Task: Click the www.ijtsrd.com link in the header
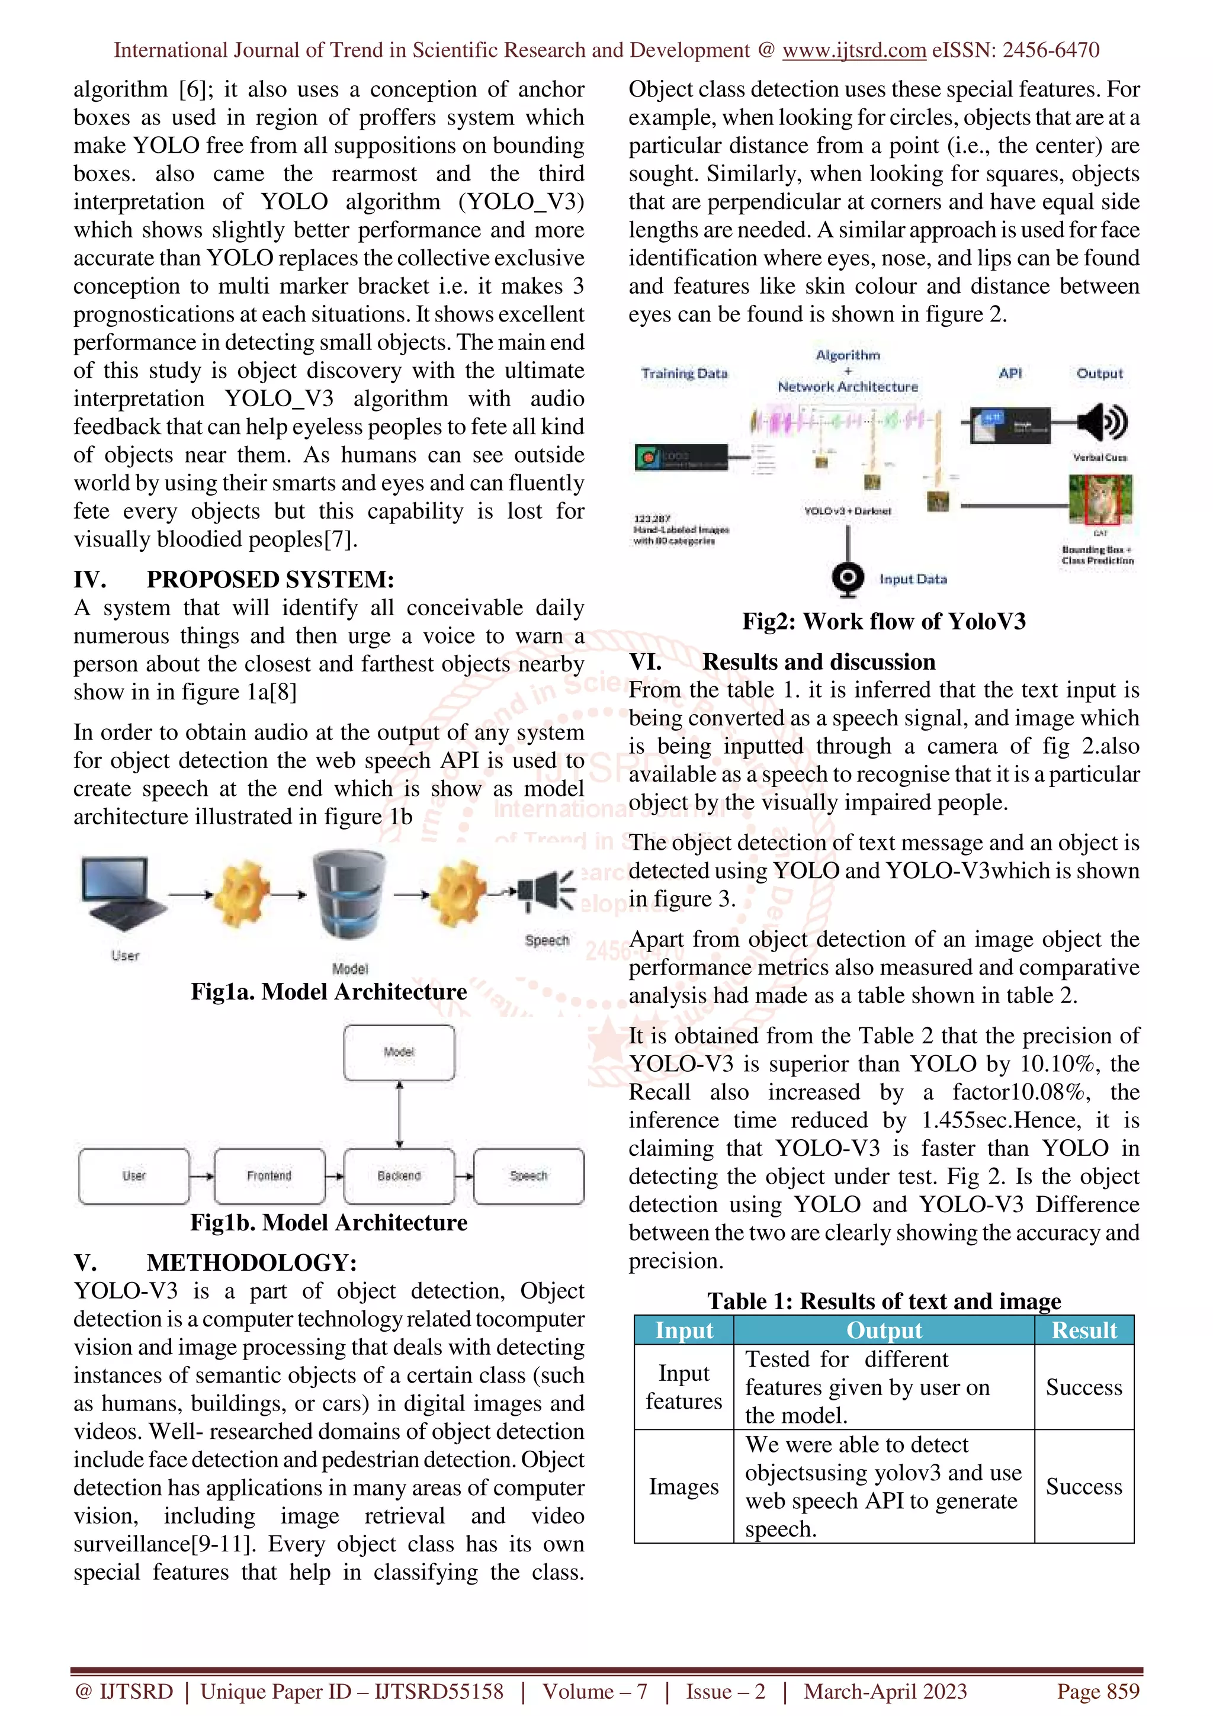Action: tap(853, 50)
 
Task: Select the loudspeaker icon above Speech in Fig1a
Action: tap(547, 891)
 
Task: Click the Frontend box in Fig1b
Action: tap(269, 1175)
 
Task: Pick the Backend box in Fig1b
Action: tap(399, 1175)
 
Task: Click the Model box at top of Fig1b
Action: tap(399, 1052)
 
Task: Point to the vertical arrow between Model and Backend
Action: tap(399, 1114)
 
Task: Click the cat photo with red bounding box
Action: tap(1100, 499)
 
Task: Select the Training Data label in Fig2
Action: tap(684, 374)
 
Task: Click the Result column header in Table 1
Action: tap(1084, 1331)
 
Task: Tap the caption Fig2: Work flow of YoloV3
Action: tap(884, 621)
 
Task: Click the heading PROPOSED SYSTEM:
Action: tap(270, 579)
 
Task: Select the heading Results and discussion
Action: tap(819, 661)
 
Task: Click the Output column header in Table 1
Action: tap(884, 1331)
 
